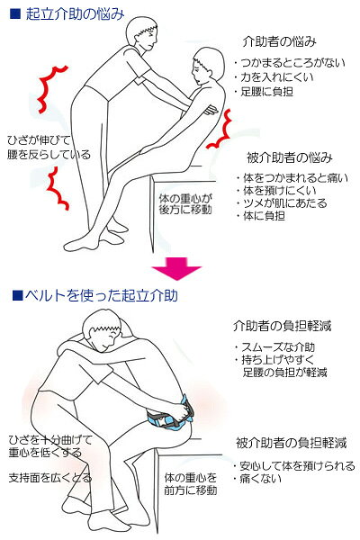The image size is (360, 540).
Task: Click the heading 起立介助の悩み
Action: [75, 14]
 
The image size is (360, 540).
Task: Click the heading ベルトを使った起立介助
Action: [102, 295]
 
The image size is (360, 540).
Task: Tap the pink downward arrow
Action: [176, 268]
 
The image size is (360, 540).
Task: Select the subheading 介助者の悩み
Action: [279, 41]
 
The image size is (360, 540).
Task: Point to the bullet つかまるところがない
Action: [290, 63]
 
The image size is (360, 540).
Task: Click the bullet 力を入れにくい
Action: [274, 77]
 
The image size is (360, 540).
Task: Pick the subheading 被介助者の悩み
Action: [290, 157]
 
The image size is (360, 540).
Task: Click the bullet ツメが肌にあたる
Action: [282, 203]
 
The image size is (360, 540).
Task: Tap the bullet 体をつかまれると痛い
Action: [292, 178]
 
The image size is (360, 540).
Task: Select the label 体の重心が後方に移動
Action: [185, 204]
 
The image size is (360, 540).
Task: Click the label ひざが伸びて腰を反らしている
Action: [49, 148]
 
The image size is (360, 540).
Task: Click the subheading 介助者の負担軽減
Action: [282, 326]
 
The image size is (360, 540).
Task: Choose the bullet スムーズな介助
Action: [274, 347]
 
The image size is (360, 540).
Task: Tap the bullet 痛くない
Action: [257, 479]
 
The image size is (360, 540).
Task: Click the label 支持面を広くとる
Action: [50, 478]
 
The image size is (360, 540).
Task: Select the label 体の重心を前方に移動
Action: [191, 484]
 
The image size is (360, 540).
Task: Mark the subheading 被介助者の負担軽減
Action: [291, 443]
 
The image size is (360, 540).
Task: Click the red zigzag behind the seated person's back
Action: [220, 129]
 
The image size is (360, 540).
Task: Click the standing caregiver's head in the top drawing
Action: [141, 32]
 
